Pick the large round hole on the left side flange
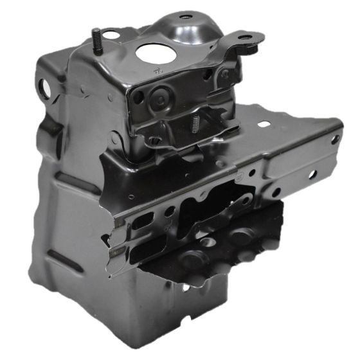click(x=46, y=85)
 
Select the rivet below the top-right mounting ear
click(x=226, y=73)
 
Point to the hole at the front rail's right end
click(x=311, y=174)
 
